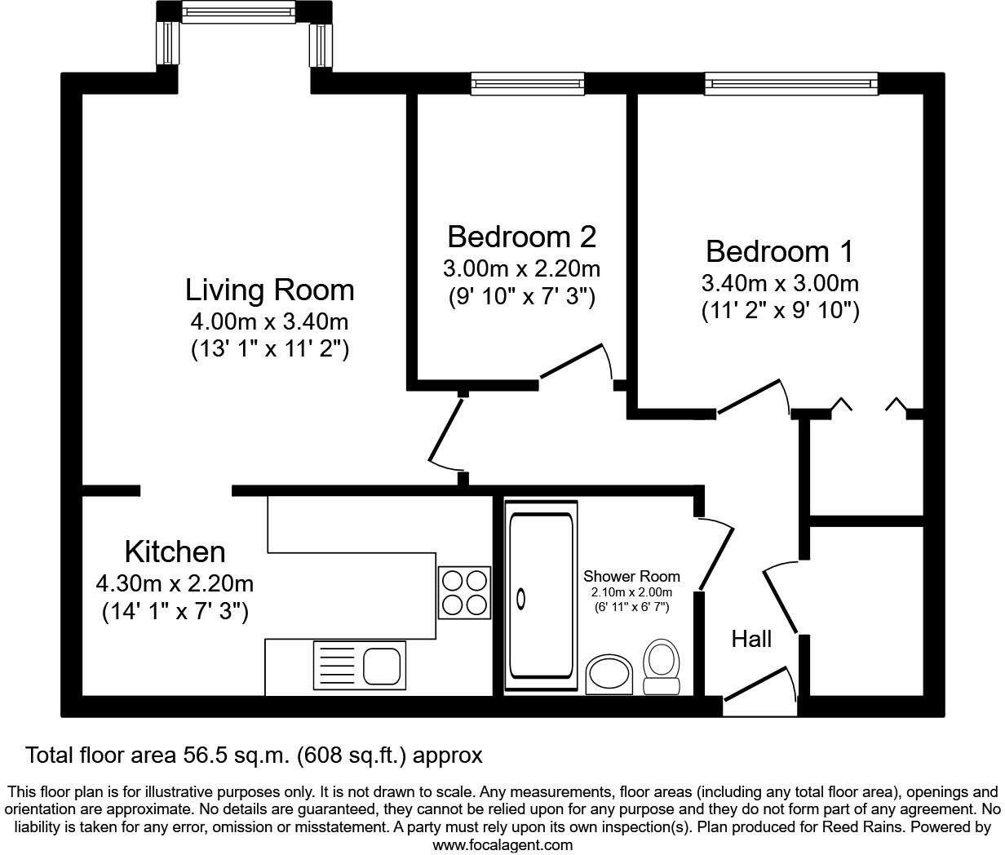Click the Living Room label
coord(269,290)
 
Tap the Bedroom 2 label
coord(521,237)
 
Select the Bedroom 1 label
coord(779,251)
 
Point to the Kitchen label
coord(175,552)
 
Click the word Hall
coord(751,639)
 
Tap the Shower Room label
coord(631,577)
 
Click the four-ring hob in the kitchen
coord(465,591)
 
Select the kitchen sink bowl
coord(383,666)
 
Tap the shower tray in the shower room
coord(541,597)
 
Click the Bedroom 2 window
coord(528,83)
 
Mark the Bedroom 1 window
coord(791,83)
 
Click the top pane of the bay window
coord(237,12)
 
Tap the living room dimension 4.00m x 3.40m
coord(269,322)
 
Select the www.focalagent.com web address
coord(502,845)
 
